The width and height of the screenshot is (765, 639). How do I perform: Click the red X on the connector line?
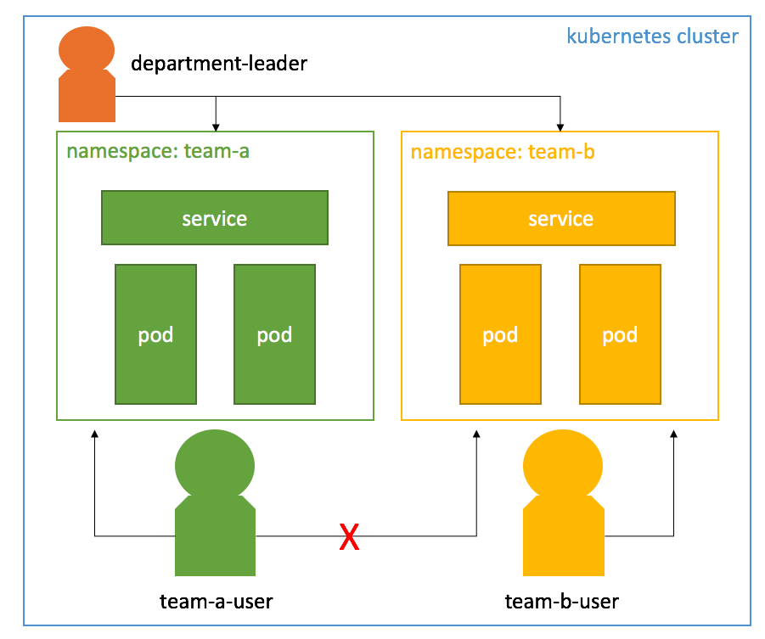pos(349,537)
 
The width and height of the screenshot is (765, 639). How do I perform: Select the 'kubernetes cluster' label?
pos(652,36)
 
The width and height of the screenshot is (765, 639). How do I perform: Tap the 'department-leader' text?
pos(219,63)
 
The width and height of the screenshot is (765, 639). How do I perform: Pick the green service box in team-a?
pos(215,218)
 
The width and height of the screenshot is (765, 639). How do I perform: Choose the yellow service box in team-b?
pos(561,219)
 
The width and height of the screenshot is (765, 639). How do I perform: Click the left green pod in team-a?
pos(156,334)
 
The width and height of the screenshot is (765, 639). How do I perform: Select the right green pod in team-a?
pos(275,334)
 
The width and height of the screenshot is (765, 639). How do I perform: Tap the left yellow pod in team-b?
pos(501,334)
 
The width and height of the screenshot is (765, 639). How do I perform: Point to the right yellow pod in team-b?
pos(620,334)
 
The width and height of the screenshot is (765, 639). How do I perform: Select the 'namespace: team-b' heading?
pos(503,153)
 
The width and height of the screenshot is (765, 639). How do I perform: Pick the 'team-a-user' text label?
pos(217,602)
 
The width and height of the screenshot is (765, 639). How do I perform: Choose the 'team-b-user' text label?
pos(562,602)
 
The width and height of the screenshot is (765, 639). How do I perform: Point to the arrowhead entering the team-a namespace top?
pos(217,127)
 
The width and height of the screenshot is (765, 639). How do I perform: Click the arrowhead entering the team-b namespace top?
pos(560,127)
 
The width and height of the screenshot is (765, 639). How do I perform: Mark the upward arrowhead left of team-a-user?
pos(95,434)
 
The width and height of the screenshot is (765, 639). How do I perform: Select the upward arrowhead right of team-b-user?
pos(675,434)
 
